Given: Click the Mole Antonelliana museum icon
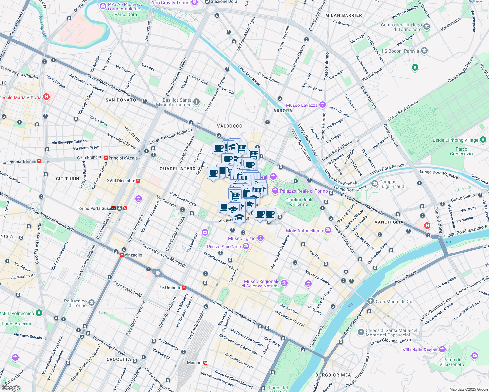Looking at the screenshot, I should pyautogui.click(x=328, y=231).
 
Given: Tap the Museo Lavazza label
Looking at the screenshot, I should pyautogui.click(x=302, y=105).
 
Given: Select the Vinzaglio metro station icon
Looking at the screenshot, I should pyautogui.click(x=122, y=255).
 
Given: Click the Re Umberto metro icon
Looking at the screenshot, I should pyautogui.click(x=184, y=288).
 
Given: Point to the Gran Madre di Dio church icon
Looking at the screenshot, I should pyautogui.click(x=370, y=301).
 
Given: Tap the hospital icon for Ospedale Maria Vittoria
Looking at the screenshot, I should pyautogui.click(x=46, y=97).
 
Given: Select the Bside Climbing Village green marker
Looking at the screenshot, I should pyautogui.click(x=483, y=140).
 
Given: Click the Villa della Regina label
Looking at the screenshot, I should pyautogui.click(x=420, y=350).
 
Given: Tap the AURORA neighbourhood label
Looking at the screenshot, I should pyautogui.click(x=283, y=111).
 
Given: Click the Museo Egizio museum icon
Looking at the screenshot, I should pyautogui.click(x=260, y=238).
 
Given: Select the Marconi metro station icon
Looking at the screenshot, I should pyautogui.click(x=205, y=363).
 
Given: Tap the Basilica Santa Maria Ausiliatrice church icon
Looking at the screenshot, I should pyautogui.click(x=196, y=102).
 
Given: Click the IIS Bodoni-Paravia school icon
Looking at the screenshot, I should pyautogui.click(x=424, y=51).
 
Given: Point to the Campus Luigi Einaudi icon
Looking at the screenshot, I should pyautogui.click(x=374, y=184).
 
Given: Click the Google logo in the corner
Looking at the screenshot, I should pyautogui.click(x=11, y=388).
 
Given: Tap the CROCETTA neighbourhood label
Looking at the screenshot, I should pyautogui.click(x=119, y=359).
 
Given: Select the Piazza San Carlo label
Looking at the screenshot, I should pyautogui.click(x=224, y=247).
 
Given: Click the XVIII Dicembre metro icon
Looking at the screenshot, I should pyautogui.click(x=138, y=181).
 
